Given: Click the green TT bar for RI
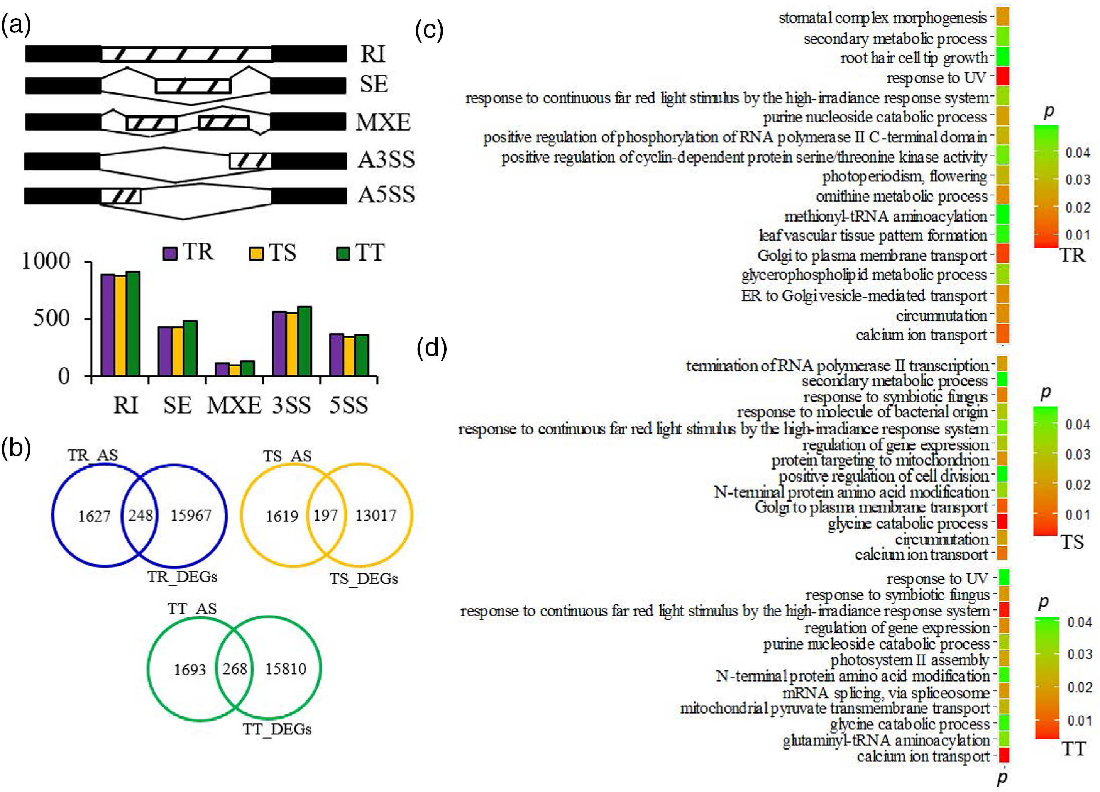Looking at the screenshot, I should [x=134, y=324].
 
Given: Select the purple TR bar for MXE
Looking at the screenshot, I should [x=222, y=369].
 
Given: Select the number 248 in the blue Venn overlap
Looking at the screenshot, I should [x=140, y=516].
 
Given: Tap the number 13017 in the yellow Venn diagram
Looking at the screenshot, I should [x=376, y=516].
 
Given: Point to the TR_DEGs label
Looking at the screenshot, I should [x=182, y=577].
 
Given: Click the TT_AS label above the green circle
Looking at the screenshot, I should [x=192, y=609].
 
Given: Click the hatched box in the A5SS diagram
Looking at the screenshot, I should [x=120, y=197].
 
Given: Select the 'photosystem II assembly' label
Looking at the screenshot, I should [x=909, y=660].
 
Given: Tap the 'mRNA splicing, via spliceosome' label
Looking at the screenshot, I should [x=886, y=692].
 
